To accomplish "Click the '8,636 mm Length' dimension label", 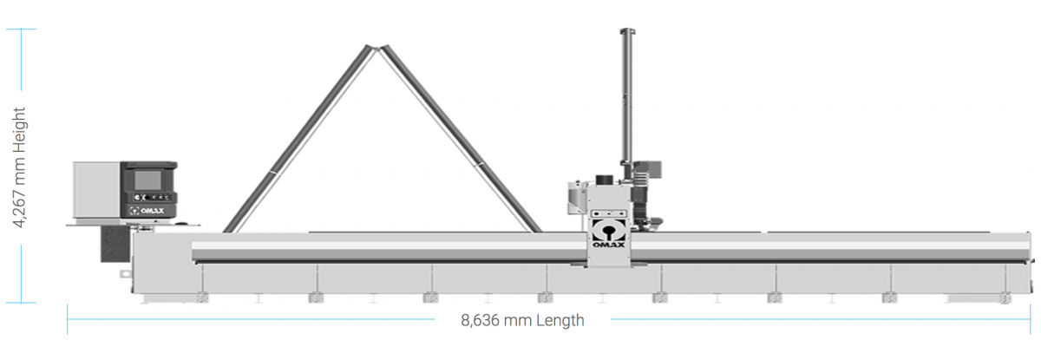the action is (x=522, y=320).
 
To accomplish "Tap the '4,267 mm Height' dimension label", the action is (x=19, y=167).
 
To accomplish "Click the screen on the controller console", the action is (x=147, y=180).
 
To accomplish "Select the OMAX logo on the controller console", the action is (x=147, y=211).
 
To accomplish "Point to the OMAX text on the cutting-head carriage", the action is (x=609, y=245).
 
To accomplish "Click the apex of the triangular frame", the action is (x=376, y=48).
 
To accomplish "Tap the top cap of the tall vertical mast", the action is (x=627, y=31).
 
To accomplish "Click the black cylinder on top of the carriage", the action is (x=605, y=180).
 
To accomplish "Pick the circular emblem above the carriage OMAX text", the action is (x=608, y=231).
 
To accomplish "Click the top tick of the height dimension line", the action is (x=21, y=29).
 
